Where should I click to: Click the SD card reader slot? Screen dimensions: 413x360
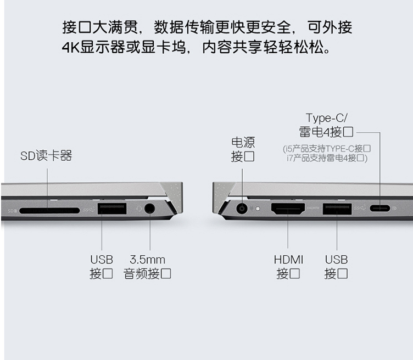pyautogui.click(x=49, y=211)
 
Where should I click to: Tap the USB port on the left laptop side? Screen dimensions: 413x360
pyautogui.click(x=112, y=209)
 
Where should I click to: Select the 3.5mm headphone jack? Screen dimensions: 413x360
pyautogui.click(x=149, y=209)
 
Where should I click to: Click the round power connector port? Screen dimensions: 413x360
pyautogui.click(x=242, y=209)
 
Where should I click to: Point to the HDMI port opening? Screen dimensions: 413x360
pyautogui.click(x=288, y=209)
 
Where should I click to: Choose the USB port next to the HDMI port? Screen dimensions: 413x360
pyautogui.click(x=337, y=209)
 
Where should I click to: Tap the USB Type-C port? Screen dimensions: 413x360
pyautogui.click(x=379, y=209)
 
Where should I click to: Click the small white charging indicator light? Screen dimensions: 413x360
pyautogui.click(x=258, y=209)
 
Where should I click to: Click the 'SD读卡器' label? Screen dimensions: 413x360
pyautogui.click(x=46, y=155)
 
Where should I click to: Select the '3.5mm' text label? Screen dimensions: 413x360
pyautogui.click(x=148, y=260)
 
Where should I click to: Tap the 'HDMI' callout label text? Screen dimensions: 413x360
pyautogui.click(x=288, y=260)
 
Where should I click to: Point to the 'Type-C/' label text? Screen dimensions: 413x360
pyautogui.click(x=327, y=118)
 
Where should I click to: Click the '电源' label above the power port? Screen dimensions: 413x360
pyautogui.click(x=243, y=142)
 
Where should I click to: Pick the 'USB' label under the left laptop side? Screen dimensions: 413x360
pyautogui.click(x=102, y=260)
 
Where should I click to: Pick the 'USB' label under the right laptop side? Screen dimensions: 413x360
pyautogui.click(x=336, y=260)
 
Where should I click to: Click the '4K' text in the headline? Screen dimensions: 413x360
pyautogui.click(x=71, y=47)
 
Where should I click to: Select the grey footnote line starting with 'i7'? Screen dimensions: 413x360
pyautogui.click(x=327, y=158)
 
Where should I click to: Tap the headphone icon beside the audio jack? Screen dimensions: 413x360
pyautogui.click(x=139, y=209)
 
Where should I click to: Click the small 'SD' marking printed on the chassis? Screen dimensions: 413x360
pyautogui.click(x=12, y=211)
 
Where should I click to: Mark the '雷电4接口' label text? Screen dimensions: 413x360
pyautogui.click(x=326, y=132)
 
